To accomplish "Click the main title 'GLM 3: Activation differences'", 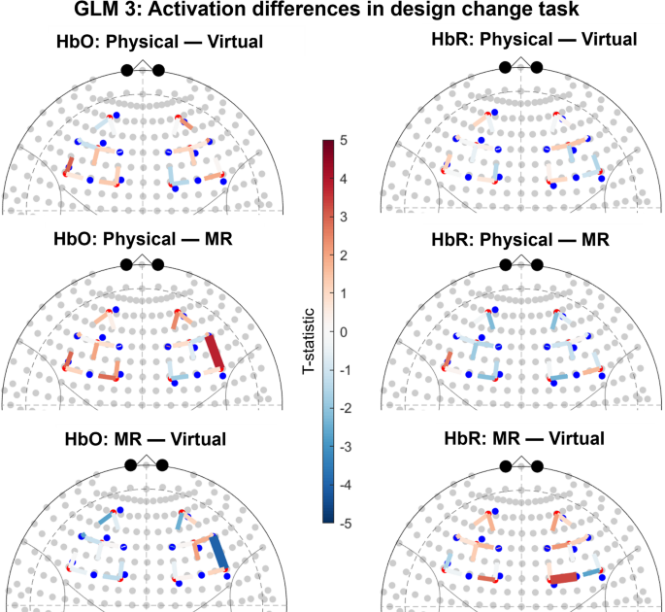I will point(332,12).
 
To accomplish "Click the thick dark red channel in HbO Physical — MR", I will point(216,353).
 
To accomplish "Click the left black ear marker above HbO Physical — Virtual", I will point(126,70).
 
